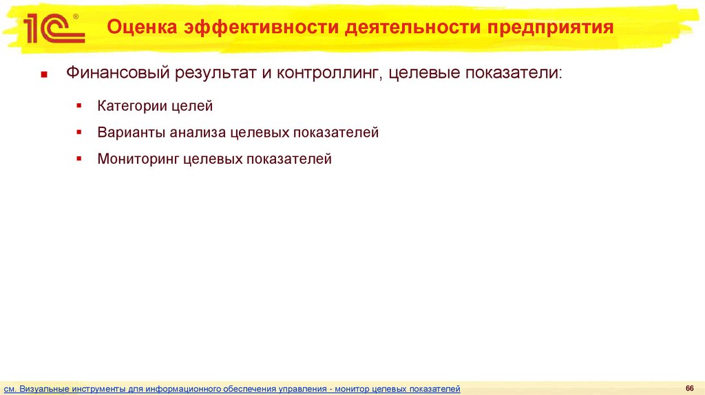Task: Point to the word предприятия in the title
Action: pos(551,28)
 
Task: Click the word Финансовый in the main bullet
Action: pos(119,73)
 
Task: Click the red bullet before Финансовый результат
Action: pos(43,74)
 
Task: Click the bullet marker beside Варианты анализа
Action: pos(80,131)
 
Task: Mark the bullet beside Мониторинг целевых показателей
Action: pos(80,158)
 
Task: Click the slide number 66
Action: pos(688,387)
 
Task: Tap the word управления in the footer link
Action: pos(304,389)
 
